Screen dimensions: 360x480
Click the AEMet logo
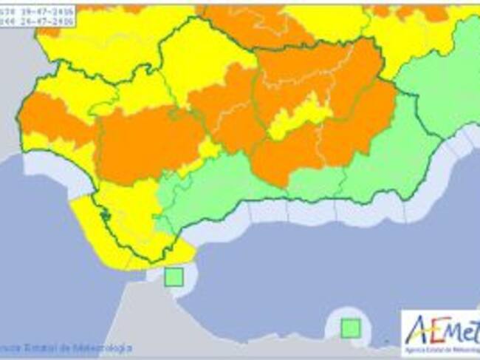pos(440,329)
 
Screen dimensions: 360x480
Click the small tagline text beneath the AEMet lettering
pos(442,345)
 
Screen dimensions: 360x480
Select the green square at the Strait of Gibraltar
pos(174,278)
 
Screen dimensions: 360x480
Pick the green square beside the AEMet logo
pos(350,327)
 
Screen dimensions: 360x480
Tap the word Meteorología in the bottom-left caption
pos(103,346)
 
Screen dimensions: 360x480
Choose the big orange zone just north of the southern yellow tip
pos(148,144)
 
